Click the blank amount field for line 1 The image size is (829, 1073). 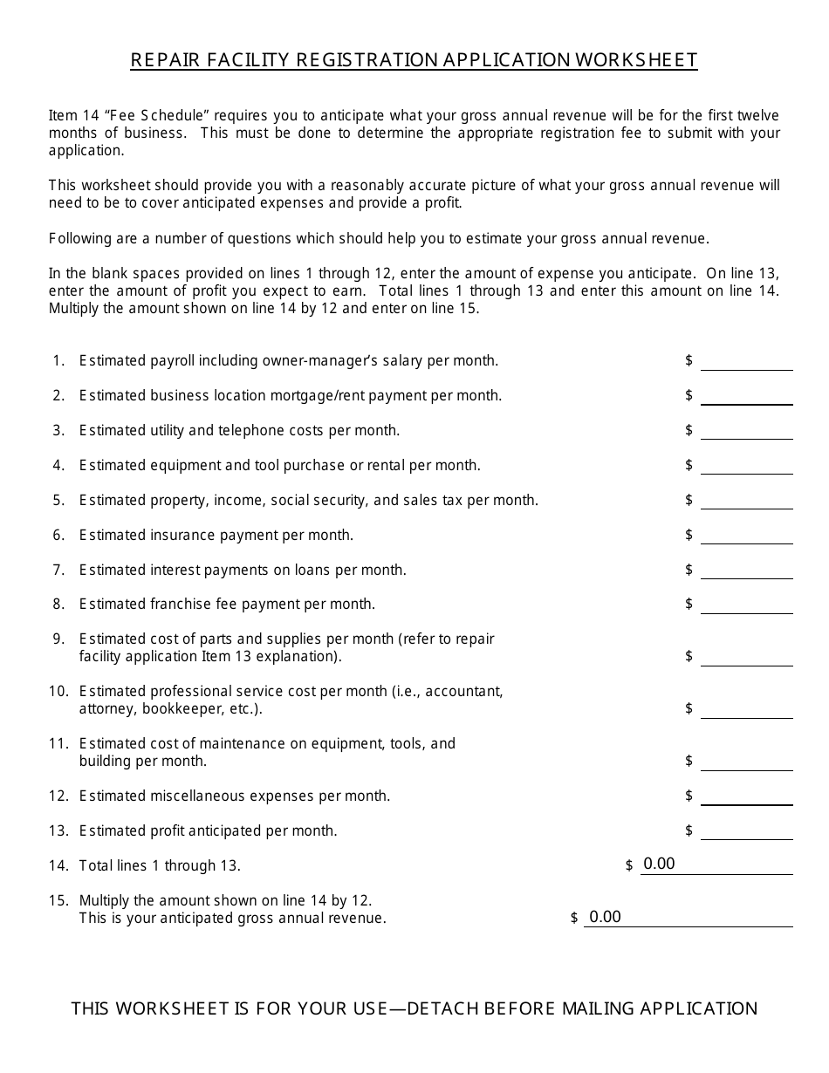click(x=746, y=361)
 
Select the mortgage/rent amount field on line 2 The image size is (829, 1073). click(x=746, y=396)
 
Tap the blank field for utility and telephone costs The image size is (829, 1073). click(x=746, y=431)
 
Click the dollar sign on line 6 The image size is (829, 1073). click(x=689, y=535)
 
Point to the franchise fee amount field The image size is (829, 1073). click(x=746, y=605)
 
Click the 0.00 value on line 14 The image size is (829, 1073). click(x=659, y=865)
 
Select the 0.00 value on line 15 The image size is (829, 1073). click(x=605, y=917)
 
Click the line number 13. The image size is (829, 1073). click(x=58, y=830)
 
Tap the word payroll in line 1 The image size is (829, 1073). click(x=175, y=360)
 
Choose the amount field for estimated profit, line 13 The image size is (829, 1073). click(x=746, y=831)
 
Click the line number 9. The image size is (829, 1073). click(x=59, y=639)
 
